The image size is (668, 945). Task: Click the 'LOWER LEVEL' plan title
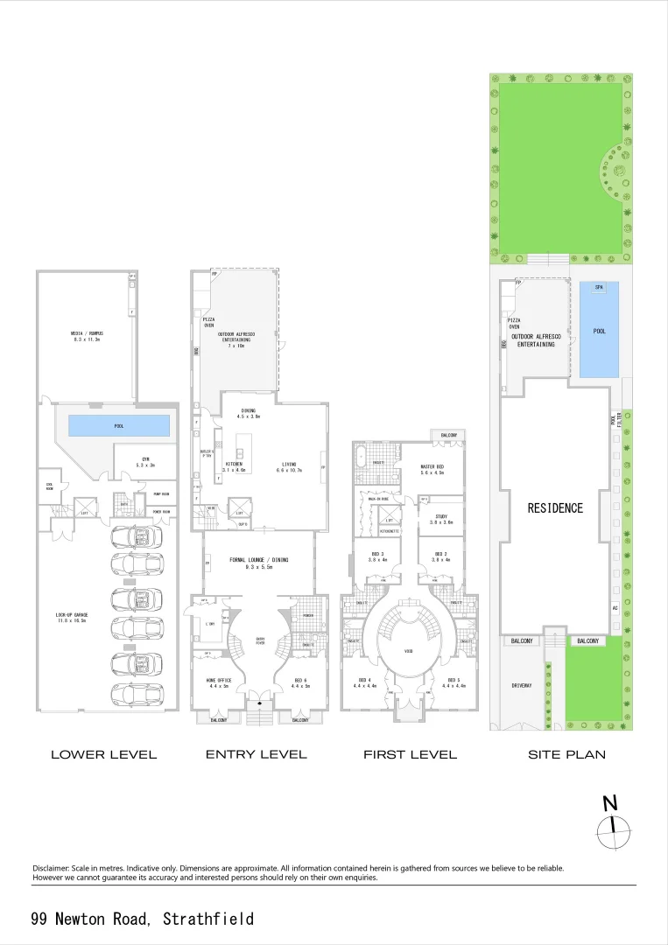point(103,754)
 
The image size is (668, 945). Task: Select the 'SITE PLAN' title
point(566,754)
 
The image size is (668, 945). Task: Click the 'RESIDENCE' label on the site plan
point(555,507)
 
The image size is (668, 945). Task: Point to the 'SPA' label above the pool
point(599,288)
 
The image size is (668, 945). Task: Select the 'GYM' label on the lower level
point(146,462)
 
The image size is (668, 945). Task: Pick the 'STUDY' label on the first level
point(441,518)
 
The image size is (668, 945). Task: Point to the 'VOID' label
point(409,651)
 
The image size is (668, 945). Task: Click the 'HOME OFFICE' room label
point(217,682)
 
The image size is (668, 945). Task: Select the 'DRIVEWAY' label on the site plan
point(523,685)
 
